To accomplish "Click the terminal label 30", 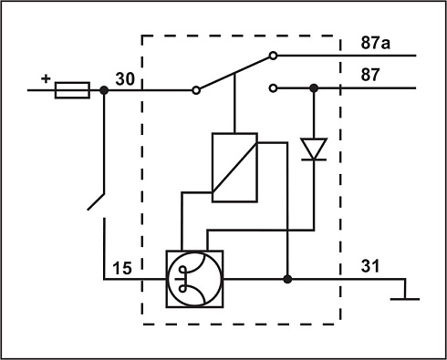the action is click(125, 79).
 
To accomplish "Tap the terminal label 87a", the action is click(376, 43).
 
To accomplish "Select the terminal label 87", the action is click(370, 75).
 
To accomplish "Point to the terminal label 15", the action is click(122, 268).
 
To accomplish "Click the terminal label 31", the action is click(370, 266).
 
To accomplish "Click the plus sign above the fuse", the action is click(46, 78).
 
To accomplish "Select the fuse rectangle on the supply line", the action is click(72, 90).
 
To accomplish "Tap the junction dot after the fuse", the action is click(104, 90).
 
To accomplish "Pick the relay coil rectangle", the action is click(234, 168).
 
